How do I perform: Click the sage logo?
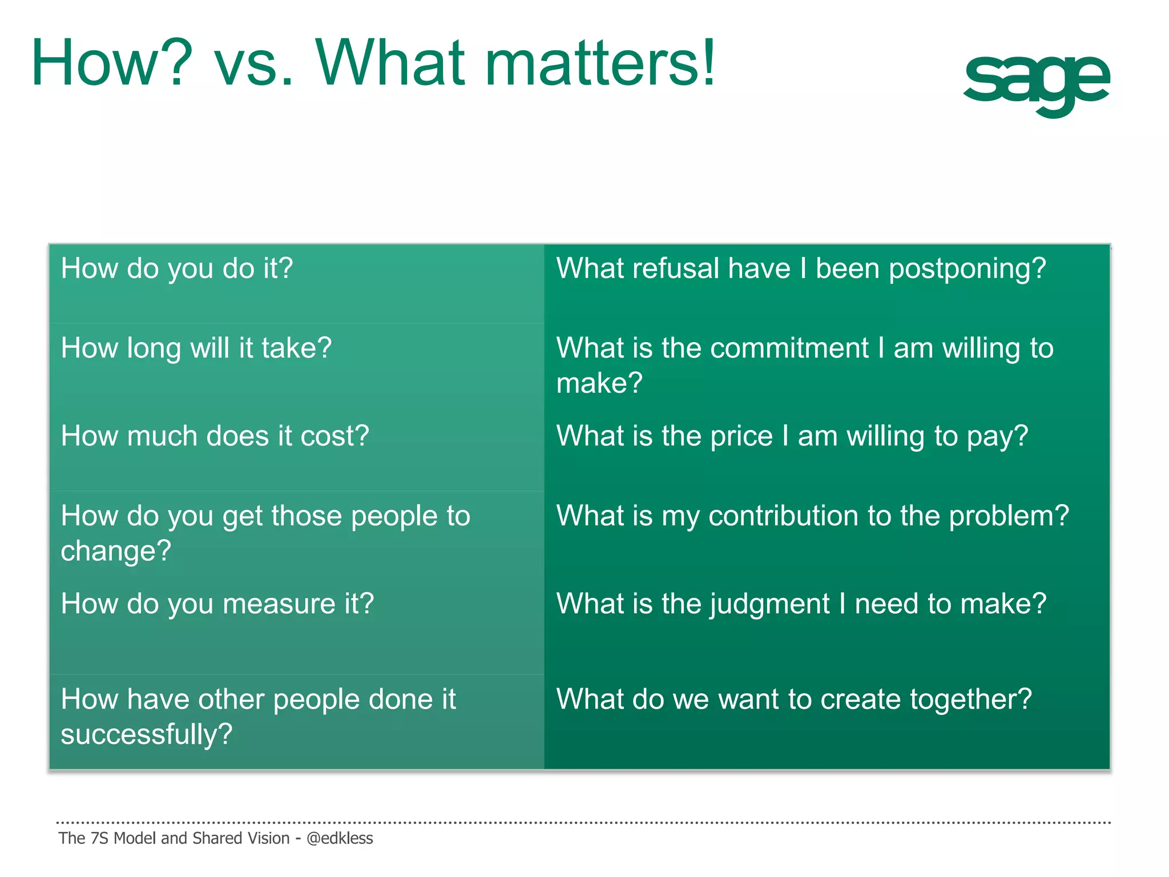(x=1036, y=83)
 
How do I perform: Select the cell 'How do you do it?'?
(x=177, y=268)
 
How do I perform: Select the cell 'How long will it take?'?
(x=196, y=348)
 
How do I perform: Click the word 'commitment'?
(x=764, y=348)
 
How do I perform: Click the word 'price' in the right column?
(x=741, y=436)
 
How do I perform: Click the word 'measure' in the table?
(x=279, y=604)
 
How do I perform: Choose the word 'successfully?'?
(x=147, y=735)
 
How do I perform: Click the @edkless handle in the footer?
(x=340, y=838)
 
